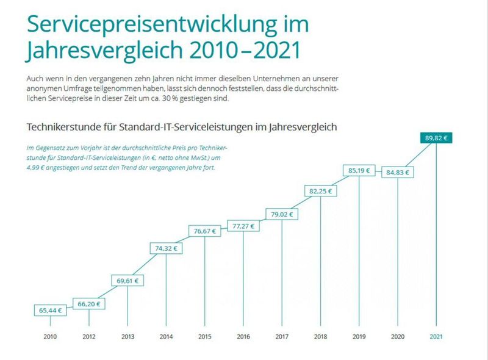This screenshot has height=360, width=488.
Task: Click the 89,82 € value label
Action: click(x=436, y=139)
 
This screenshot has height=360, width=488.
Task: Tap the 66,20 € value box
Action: click(x=89, y=303)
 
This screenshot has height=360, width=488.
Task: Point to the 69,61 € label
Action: click(x=128, y=281)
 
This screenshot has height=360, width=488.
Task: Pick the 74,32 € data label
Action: click(x=167, y=248)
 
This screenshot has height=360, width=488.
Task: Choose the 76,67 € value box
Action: click(x=205, y=231)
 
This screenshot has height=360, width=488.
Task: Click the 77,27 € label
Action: click(x=243, y=226)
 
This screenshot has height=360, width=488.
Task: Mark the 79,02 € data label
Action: click(x=282, y=214)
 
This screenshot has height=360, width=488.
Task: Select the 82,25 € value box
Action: click(x=321, y=192)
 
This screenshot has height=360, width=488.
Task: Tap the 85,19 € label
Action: click(x=359, y=171)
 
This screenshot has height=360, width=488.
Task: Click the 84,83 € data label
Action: click(x=398, y=173)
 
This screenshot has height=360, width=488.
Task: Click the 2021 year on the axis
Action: click(x=436, y=336)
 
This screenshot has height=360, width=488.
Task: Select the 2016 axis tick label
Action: click(x=243, y=336)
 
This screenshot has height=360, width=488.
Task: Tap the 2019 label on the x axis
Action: click(x=359, y=336)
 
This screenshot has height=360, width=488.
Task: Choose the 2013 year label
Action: click(x=128, y=336)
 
